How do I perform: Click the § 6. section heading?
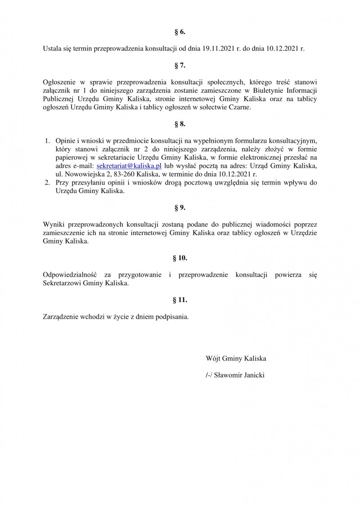tap(180, 32)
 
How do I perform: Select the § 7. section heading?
tap(180, 66)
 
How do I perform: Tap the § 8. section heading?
tap(180, 122)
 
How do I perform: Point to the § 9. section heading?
tap(180, 208)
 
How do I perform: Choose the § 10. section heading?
tap(180, 258)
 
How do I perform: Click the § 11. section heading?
tap(180, 299)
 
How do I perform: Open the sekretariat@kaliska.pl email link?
tap(129, 166)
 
